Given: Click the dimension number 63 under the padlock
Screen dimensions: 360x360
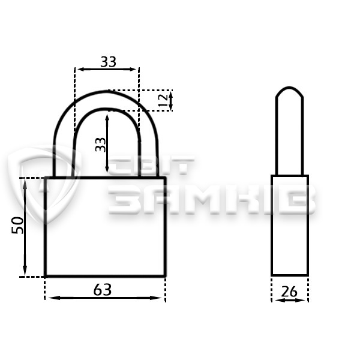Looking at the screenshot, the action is point(103,290).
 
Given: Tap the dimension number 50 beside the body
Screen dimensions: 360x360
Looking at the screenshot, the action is point(17,225).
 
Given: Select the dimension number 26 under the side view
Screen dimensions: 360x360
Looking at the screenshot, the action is point(289,292).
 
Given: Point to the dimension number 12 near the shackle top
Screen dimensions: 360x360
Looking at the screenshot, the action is point(163,100).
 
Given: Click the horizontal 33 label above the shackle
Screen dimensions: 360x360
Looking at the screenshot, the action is point(109,62).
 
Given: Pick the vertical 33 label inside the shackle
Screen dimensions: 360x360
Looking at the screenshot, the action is point(101,145).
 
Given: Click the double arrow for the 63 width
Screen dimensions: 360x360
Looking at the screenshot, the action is point(105,298).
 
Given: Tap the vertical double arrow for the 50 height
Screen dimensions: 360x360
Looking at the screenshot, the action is point(25,227).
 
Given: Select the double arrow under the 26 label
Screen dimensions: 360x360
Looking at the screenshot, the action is point(290,300).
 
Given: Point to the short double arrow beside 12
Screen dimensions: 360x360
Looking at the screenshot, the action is point(170,101).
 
